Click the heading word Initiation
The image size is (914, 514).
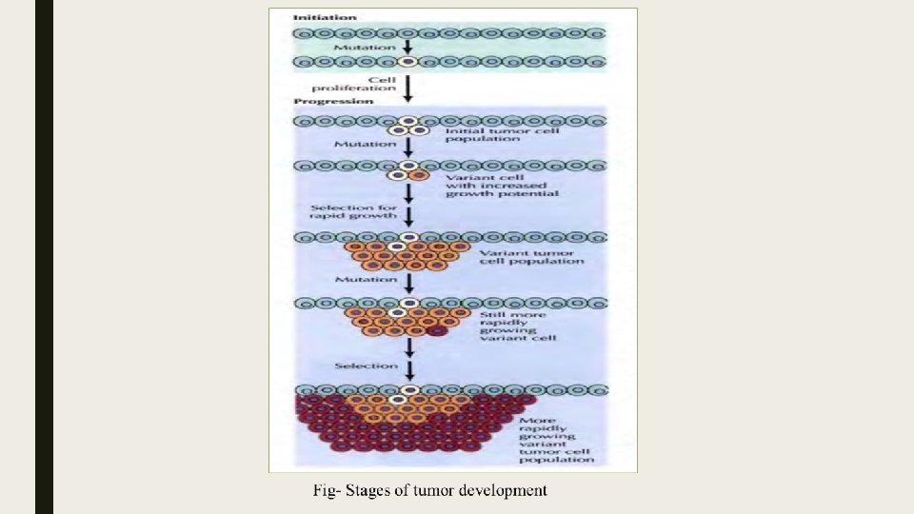(x=326, y=17)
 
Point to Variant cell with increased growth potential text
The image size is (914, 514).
(x=500, y=185)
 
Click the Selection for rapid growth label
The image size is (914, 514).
(x=342, y=212)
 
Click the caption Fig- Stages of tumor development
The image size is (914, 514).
(x=430, y=491)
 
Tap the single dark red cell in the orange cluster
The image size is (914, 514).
(x=437, y=331)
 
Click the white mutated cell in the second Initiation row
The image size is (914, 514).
(x=407, y=63)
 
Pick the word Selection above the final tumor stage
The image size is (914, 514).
(x=366, y=366)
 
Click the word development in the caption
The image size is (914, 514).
(x=505, y=491)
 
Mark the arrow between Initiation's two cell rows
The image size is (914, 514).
(x=408, y=46)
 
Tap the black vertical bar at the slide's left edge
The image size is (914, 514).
(x=44, y=257)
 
